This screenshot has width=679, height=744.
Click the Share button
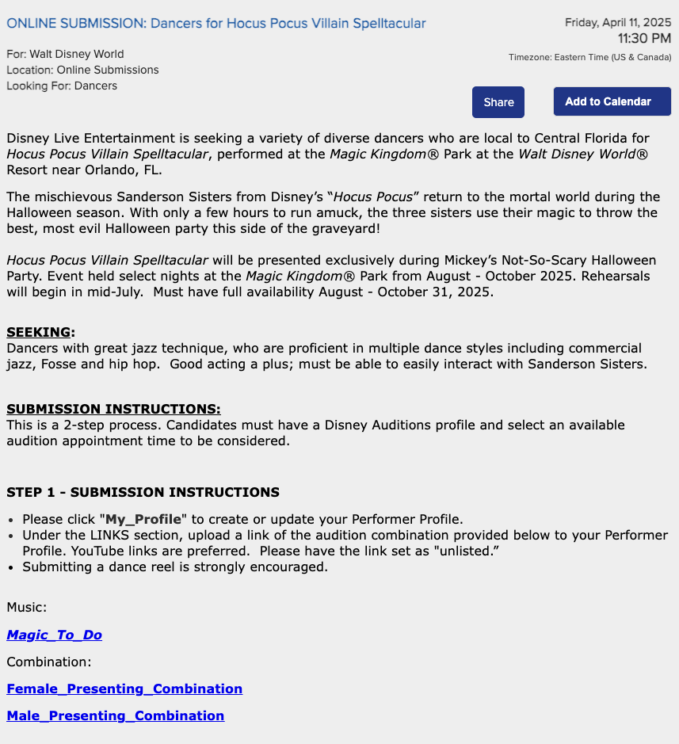click(498, 102)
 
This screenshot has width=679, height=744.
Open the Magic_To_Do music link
click(54, 635)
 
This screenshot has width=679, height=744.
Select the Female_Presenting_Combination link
click(124, 689)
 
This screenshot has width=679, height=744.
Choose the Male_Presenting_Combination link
click(115, 715)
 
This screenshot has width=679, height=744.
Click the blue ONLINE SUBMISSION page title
click(216, 24)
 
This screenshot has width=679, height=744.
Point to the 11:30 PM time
click(644, 38)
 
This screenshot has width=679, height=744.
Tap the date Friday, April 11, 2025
click(617, 22)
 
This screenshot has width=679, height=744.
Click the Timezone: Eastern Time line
click(589, 57)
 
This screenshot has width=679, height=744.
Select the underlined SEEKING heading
click(40, 332)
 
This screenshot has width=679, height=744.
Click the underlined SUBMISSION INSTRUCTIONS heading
click(113, 409)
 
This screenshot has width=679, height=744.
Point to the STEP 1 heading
click(143, 492)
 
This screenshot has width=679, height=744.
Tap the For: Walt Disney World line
click(65, 54)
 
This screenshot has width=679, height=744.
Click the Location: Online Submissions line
click(82, 70)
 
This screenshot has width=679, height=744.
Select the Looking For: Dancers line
click(62, 86)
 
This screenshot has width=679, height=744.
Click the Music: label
click(26, 607)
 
